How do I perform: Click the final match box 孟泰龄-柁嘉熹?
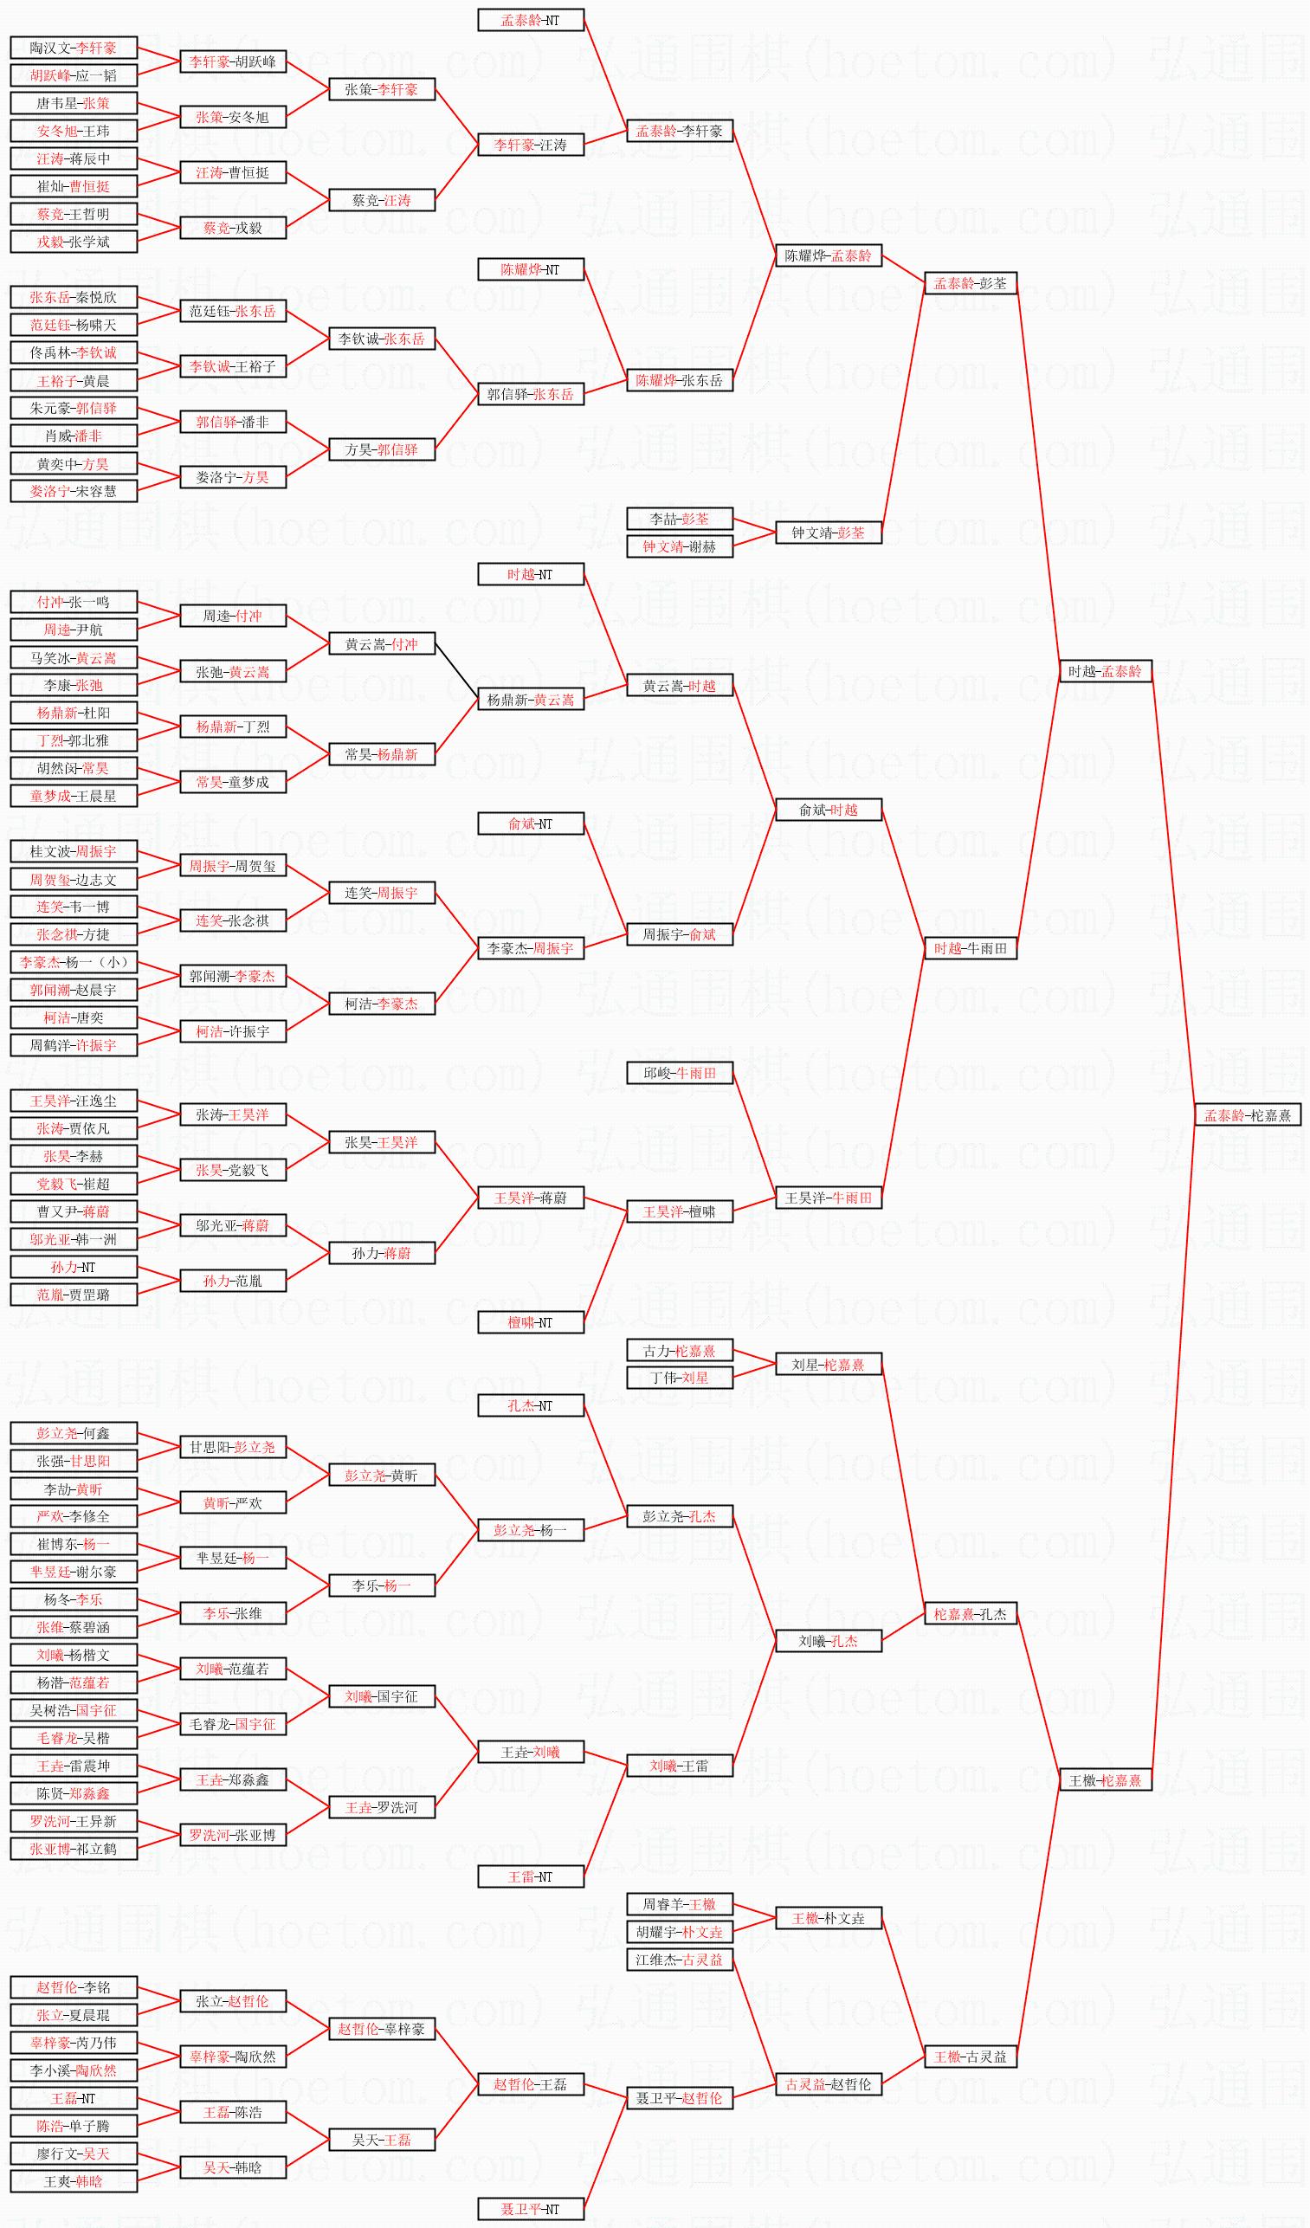pos(1248,1115)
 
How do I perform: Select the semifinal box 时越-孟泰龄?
pos(1105,671)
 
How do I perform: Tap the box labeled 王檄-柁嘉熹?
pos(1105,1779)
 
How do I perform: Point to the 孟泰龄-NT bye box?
pos(531,20)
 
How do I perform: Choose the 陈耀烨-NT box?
pos(531,269)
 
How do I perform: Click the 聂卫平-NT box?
pos(531,2209)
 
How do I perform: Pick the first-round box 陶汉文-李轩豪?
pos(74,48)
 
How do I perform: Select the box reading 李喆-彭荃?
pos(679,519)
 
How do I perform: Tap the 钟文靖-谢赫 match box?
pos(679,546)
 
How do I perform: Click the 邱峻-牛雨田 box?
pos(679,1074)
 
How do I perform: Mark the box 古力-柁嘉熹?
pos(679,1350)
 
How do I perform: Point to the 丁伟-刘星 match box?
pos(679,1378)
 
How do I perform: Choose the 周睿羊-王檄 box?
pos(679,1904)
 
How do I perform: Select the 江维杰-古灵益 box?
pos(679,1960)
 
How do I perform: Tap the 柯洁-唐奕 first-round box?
pos(74,1017)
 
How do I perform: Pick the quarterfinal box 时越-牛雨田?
pos(971,948)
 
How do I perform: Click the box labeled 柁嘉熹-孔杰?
pos(971,1613)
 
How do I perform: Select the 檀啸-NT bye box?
pos(531,1322)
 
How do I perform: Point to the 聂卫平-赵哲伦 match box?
pos(679,2098)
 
